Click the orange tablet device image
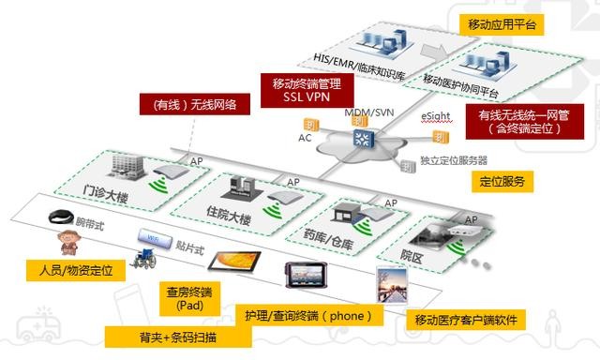point(226,260)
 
